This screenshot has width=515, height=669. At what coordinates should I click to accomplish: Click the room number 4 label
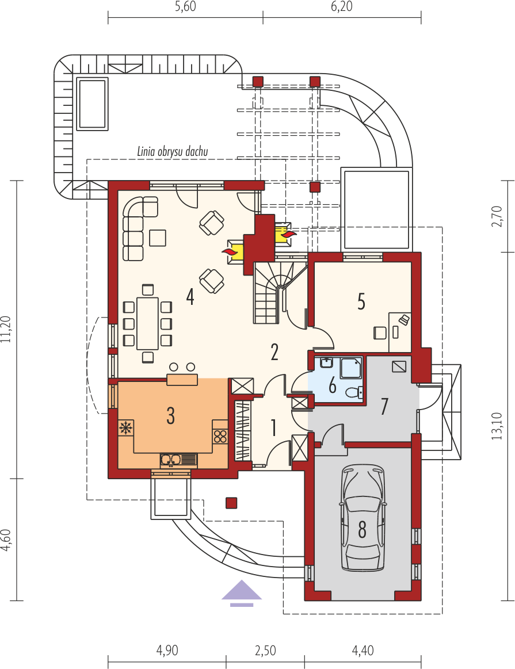tap(190, 297)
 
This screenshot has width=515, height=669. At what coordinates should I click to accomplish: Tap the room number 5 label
tap(361, 301)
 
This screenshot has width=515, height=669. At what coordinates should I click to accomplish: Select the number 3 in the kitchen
tap(171, 415)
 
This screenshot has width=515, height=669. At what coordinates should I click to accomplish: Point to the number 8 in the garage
tap(363, 530)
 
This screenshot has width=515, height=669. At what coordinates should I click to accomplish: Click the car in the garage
tap(363, 518)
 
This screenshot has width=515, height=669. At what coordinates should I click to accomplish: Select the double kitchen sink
tap(179, 460)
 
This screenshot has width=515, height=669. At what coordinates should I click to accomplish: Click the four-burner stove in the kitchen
tap(220, 437)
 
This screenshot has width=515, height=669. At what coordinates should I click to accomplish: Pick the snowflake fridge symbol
tap(126, 428)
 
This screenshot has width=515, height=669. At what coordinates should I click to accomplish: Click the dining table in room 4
tap(148, 323)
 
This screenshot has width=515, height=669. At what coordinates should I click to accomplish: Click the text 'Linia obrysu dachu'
tap(173, 151)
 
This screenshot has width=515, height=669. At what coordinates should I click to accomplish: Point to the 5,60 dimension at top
tap(185, 7)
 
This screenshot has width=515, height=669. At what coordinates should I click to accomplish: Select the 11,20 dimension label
tap(6, 330)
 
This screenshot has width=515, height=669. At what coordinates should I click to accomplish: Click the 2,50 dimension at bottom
tap(265, 650)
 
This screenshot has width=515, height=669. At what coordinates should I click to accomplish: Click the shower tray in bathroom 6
tap(351, 368)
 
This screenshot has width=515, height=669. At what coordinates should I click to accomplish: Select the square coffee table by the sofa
tap(158, 238)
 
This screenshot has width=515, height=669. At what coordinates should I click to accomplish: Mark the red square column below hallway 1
tap(231, 503)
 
